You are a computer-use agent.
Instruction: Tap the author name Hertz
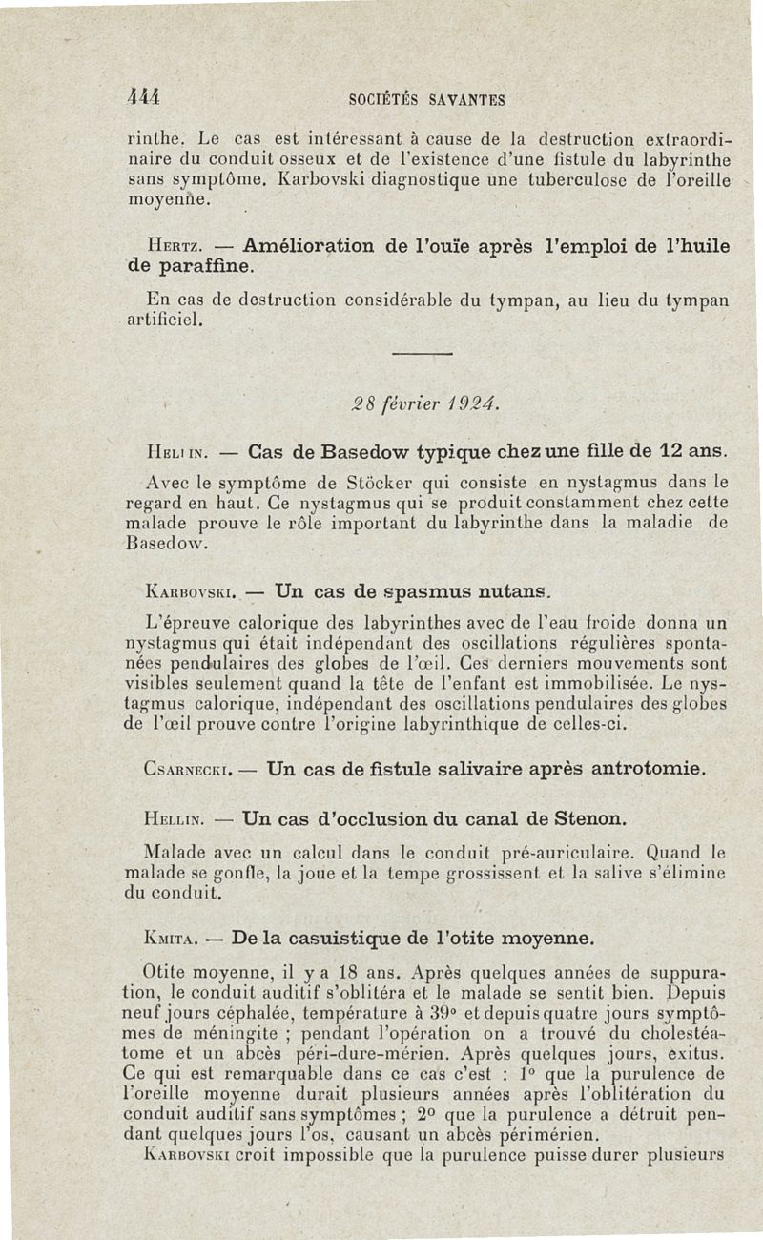click(163, 246)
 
